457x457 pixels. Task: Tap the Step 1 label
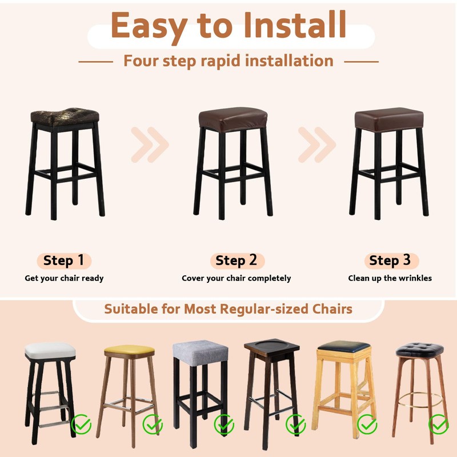point(63,261)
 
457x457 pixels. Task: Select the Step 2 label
point(236,261)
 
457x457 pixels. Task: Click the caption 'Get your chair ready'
point(64,279)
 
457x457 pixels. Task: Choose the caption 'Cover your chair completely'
point(236,279)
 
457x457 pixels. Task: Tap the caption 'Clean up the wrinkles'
point(390,279)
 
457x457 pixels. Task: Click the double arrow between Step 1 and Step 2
point(150,144)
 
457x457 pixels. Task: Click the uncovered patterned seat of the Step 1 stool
point(64,116)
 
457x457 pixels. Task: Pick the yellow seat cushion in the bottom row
point(130,350)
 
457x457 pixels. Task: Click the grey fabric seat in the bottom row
point(200,351)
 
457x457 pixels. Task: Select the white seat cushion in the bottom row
point(50,350)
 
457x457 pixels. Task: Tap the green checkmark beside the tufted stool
point(438,424)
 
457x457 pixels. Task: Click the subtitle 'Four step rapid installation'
point(228,61)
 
